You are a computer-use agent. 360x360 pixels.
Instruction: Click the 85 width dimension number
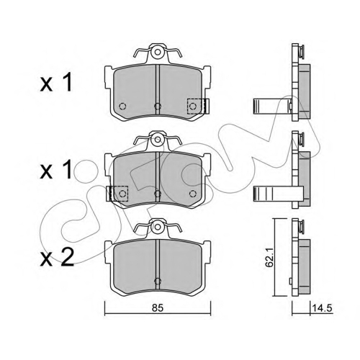(x=158, y=308)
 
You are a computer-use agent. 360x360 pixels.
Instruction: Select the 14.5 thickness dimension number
(x=322, y=308)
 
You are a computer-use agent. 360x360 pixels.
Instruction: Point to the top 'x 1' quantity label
(x=56, y=83)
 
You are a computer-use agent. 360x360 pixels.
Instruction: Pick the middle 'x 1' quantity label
(x=56, y=170)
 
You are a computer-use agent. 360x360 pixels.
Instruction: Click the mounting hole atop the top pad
(x=158, y=52)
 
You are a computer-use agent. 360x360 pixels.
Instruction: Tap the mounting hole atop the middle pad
(x=158, y=140)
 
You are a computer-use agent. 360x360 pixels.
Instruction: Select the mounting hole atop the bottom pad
(x=158, y=227)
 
